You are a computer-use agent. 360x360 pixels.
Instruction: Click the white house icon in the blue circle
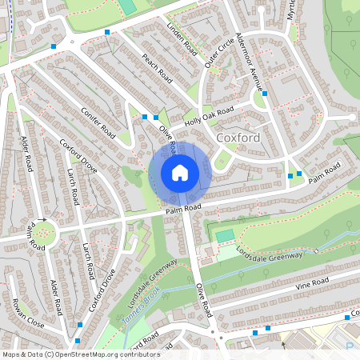click(x=180, y=172)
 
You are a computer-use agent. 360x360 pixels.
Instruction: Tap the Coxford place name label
click(x=261, y=138)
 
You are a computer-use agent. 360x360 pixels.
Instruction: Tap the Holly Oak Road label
click(x=209, y=117)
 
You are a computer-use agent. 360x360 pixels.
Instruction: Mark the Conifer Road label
click(x=98, y=122)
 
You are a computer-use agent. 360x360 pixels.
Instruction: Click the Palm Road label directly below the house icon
click(x=183, y=209)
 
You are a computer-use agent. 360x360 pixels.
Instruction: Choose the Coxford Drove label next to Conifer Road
click(x=78, y=157)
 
